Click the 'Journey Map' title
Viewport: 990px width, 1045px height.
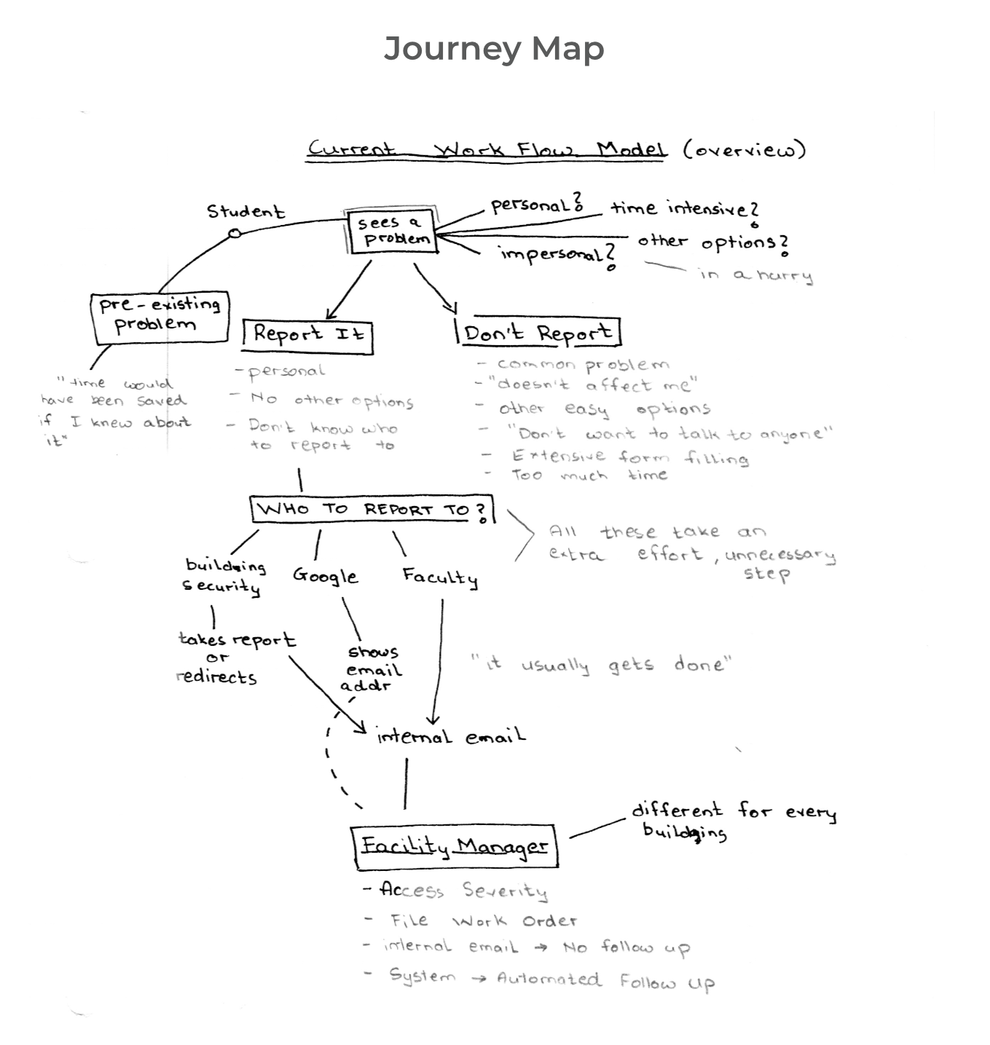(494, 49)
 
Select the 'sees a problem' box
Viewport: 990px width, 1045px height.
(393, 232)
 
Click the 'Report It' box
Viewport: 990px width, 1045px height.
(307, 334)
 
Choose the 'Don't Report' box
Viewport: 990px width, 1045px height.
(538, 333)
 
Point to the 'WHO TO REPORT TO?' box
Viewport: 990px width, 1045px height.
(372, 509)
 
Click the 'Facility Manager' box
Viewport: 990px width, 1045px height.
(455, 846)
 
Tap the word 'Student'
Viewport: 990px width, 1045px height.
(245, 212)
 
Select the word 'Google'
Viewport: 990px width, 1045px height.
(325, 576)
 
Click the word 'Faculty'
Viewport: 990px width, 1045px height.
(440, 577)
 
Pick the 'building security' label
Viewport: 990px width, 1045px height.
(223, 576)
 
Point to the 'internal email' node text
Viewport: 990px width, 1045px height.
(450, 737)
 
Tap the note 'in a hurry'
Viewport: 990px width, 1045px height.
(755, 275)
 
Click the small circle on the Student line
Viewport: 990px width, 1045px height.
(234, 234)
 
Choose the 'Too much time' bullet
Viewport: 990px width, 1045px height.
(589, 476)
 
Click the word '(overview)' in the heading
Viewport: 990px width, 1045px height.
(745, 149)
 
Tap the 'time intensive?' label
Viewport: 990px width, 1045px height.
(684, 209)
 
